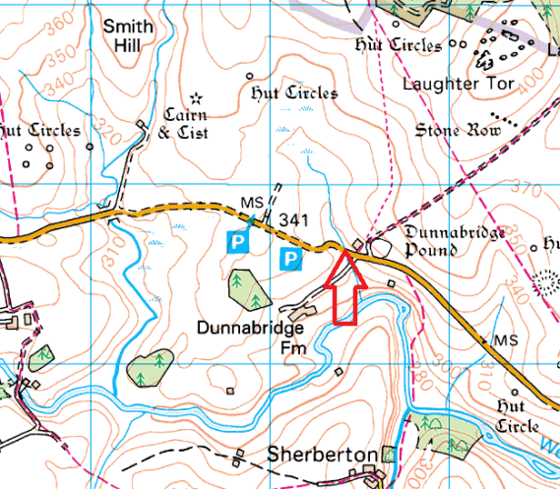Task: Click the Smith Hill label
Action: (x=127, y=36)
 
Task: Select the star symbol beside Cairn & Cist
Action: (x=196, y=97)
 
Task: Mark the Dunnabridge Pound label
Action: (x=445, y=241)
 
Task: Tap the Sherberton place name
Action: (x=323, y=456)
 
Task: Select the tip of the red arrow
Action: (x=344, y=253)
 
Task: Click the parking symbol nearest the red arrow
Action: (x=291, y=260)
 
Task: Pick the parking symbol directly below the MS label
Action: (x=237, y=240)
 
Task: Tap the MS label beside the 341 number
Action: (x=253, y=204)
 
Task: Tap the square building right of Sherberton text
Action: (x=389, y=455)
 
